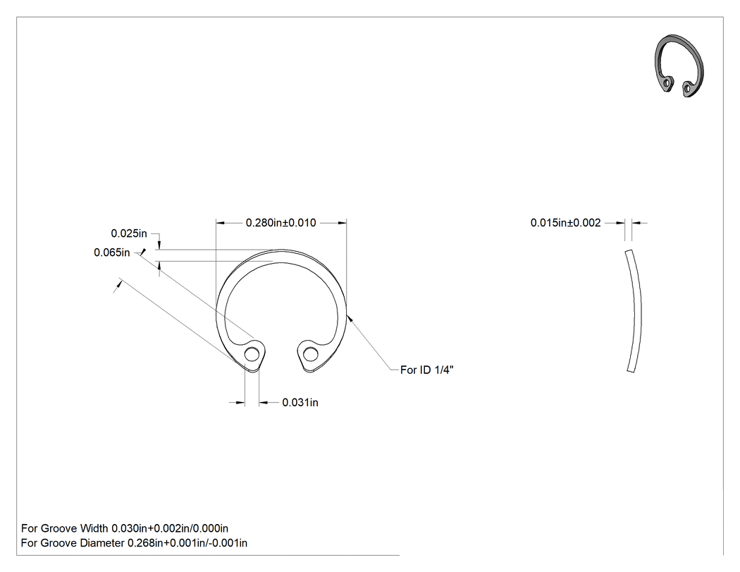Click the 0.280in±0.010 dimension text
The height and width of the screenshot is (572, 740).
(x=280, y=222)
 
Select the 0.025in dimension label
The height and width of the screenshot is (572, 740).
(x=129, y=233)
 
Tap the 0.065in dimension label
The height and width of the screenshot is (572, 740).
(x=112, y=252)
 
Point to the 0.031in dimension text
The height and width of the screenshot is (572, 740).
(x=300, y=403)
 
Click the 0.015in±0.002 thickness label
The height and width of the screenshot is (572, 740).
(x=565, y=222)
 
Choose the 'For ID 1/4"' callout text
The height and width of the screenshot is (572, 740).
(x=426, y=370)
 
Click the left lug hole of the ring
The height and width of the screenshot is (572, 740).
(x=252, y=354)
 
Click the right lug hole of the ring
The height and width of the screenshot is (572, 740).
(x=310, y=354)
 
